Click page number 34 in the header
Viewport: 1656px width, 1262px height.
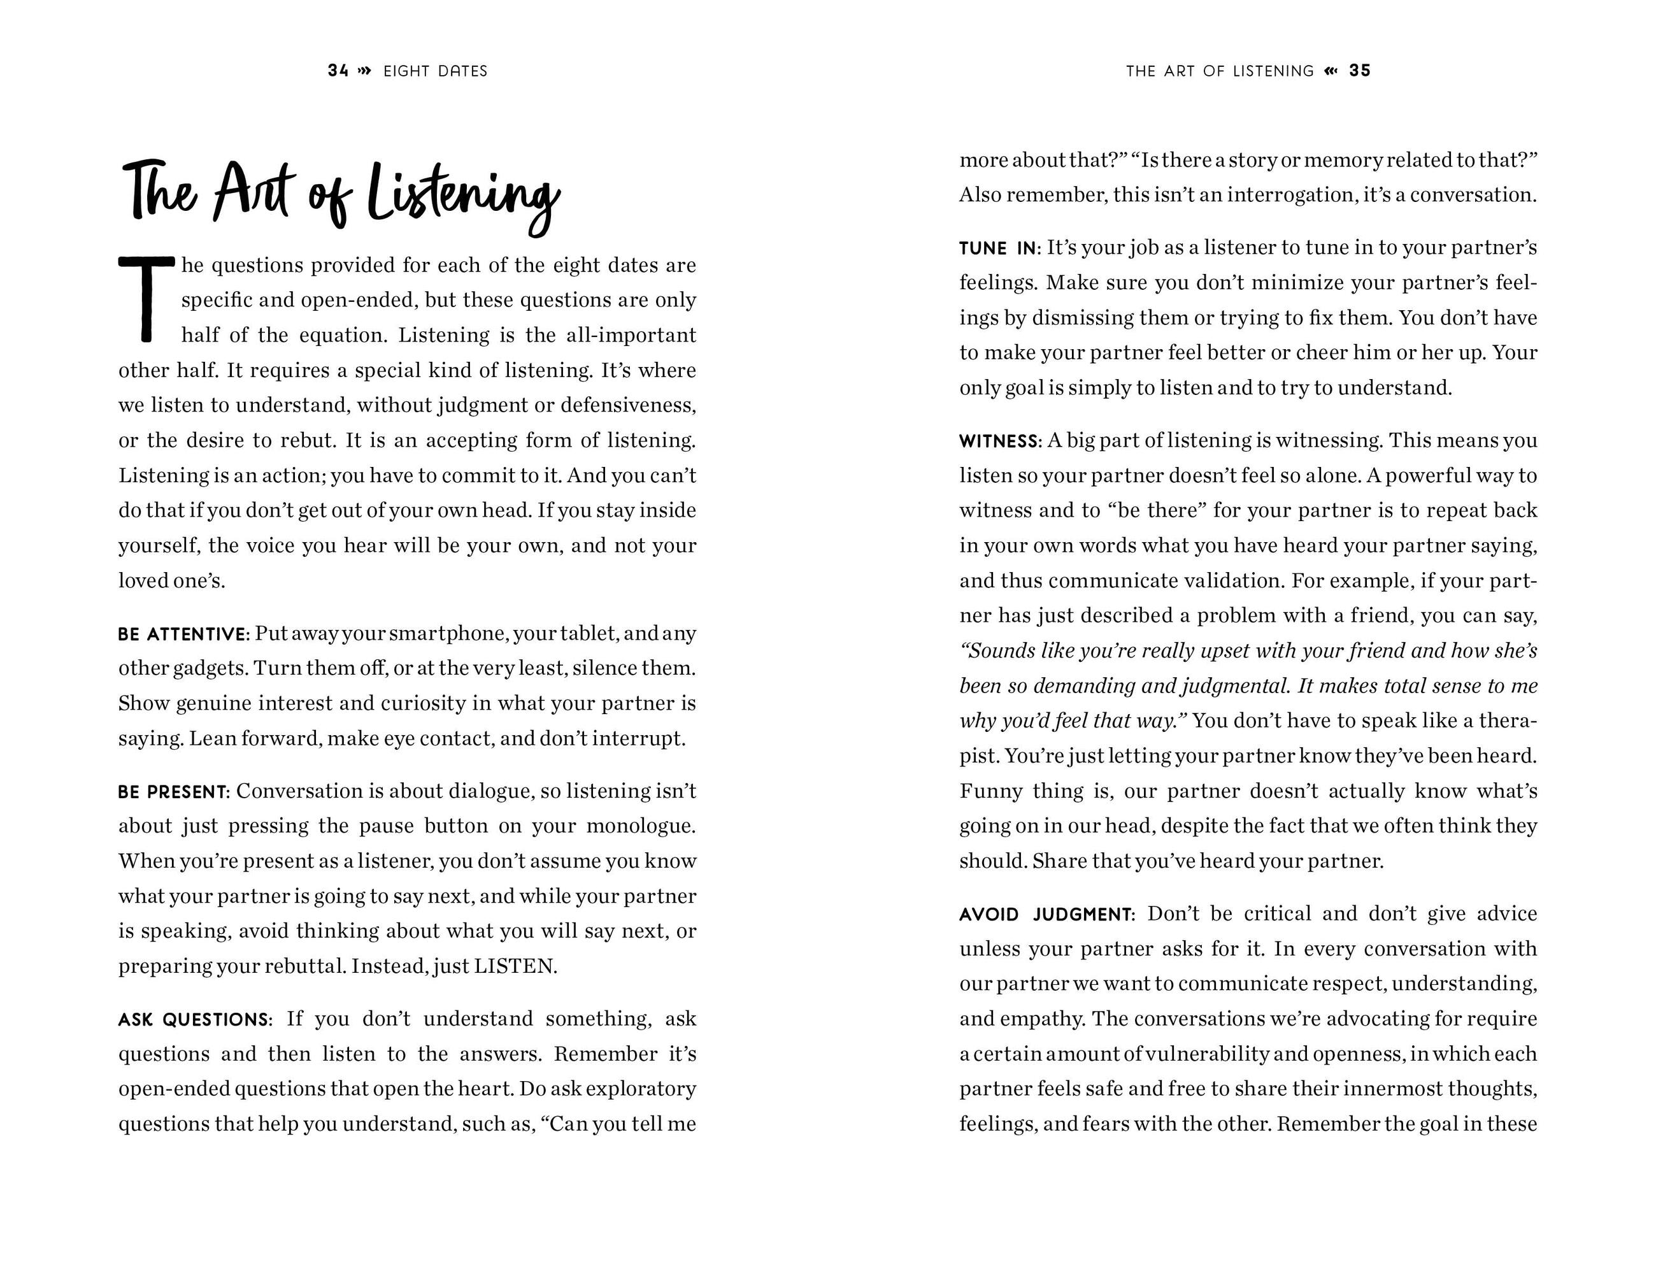click(338, 71)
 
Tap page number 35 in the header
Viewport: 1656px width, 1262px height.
click(1359, 71)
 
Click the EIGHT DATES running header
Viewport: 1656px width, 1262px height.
click(435, 71)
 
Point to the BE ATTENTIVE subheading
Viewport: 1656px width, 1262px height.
click(183, 635)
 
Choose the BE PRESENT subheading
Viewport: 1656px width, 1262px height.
click(173, 792)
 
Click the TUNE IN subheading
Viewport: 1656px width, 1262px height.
click(999, 248)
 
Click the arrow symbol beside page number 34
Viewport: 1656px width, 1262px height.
click(365, 71)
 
